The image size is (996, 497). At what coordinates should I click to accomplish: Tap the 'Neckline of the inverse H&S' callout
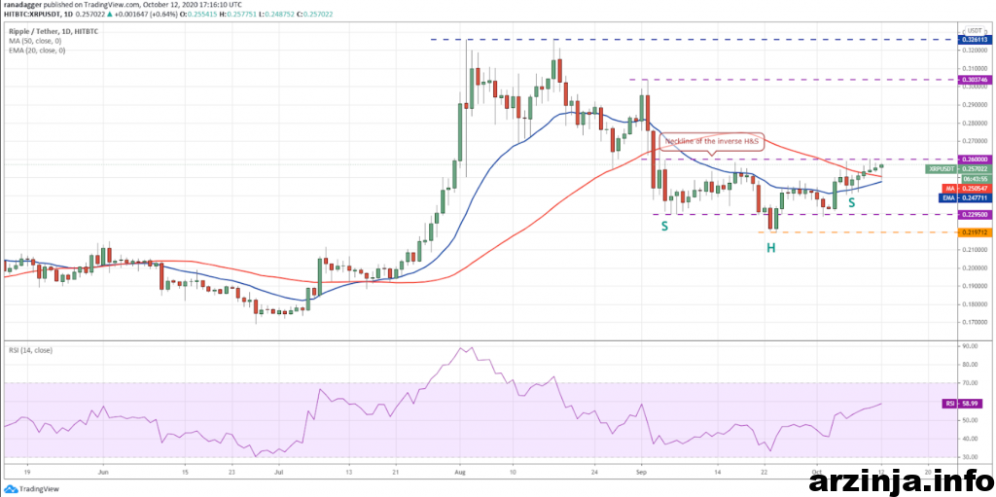(711, 141)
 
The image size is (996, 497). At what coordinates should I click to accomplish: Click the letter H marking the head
(770, 248)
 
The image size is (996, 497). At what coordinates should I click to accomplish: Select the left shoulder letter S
(665, 226)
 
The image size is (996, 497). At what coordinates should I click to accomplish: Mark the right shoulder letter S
(851, 203)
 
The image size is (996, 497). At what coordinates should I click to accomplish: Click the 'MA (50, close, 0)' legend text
(35, 41)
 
